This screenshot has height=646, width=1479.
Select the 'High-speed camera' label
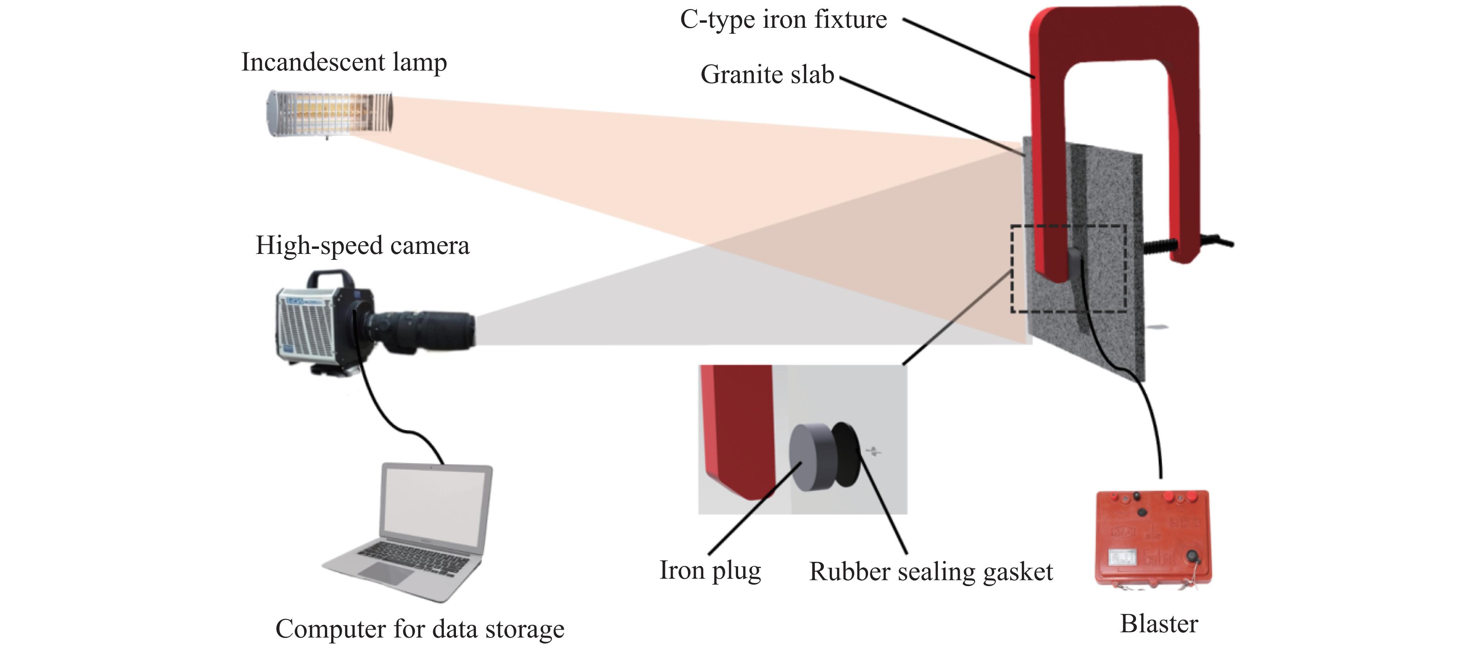pos(362,246)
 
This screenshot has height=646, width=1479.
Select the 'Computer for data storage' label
pos(420,629)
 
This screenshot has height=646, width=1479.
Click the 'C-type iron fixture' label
pos(783,20)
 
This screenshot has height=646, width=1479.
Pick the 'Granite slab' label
pos(767,75)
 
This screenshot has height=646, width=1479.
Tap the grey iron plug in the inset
pos(809,457)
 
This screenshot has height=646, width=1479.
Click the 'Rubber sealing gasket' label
pos(931,572)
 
